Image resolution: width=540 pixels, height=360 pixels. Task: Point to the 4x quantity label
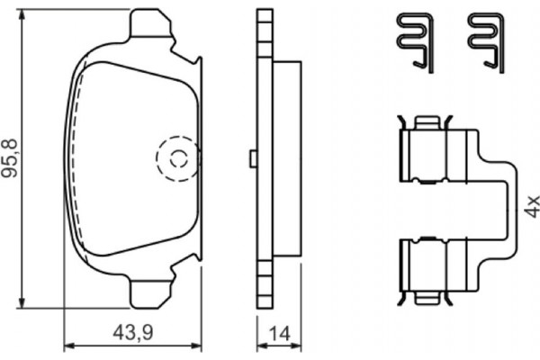click(532, 205)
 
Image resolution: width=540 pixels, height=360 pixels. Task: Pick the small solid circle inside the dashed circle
click(177, 160)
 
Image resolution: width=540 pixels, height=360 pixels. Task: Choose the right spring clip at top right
click(485, 40)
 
